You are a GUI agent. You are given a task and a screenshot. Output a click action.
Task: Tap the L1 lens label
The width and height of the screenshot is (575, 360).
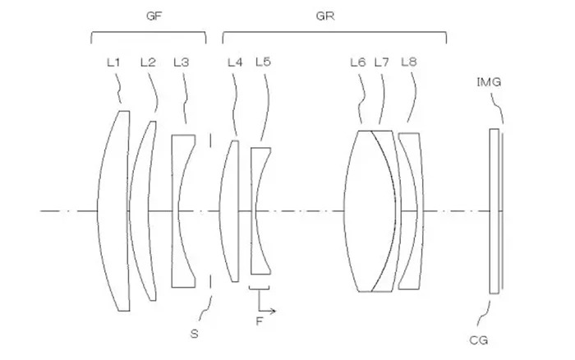[x=114, y=62]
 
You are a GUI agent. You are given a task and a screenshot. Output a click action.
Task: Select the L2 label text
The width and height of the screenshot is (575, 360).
[x=148, y=62]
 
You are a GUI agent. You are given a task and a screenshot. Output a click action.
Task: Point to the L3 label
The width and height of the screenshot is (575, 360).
[x=181, y=62]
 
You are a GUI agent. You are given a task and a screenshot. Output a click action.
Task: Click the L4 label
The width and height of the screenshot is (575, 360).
[x=236, y=62]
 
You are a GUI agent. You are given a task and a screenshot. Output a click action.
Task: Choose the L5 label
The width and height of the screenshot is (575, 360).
[x=263, y=62]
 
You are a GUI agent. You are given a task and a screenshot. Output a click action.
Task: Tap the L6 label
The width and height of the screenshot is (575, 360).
[x=357, y=62]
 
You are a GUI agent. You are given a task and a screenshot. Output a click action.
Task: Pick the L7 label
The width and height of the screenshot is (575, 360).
[x=381, y=62]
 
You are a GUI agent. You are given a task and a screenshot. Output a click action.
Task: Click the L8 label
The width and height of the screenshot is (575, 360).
[x=408, y=62]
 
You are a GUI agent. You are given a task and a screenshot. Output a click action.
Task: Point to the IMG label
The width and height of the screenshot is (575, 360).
[x=488, y=81]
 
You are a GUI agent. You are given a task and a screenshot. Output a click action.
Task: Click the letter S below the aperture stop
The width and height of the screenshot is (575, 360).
[x=194, y=333]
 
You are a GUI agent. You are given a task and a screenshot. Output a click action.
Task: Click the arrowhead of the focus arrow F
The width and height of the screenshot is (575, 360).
[x=274, y=311]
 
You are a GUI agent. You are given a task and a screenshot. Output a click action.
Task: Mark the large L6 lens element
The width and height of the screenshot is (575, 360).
[x=366, y=210]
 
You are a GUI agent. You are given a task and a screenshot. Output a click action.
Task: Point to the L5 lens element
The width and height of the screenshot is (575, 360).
[x=261, y=210]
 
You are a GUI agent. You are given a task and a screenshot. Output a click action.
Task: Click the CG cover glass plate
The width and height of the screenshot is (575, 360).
[x=494, y=210]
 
